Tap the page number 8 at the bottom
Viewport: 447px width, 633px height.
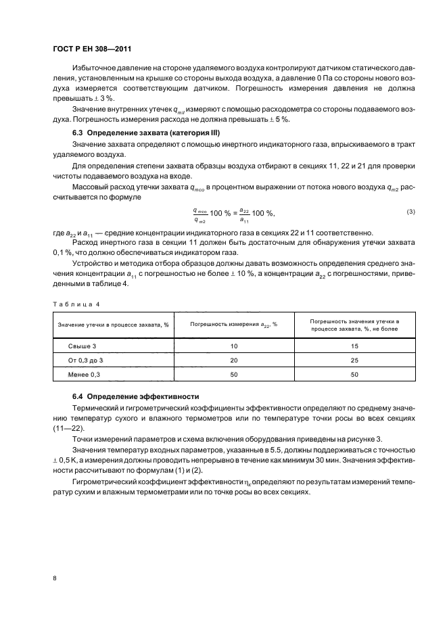pos(55,578)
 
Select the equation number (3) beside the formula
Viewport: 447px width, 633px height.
pos(410,212)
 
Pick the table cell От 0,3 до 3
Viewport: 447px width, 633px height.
pos(89,360)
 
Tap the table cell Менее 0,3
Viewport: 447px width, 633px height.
pos(85,373)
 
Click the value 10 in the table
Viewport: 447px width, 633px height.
pos(234,346)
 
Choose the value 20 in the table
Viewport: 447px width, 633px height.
pos(234,360)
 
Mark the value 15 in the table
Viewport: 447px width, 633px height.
pos(354,346)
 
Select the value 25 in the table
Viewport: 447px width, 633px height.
pos(354,360)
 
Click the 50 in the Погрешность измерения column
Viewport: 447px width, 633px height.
pos(234,373)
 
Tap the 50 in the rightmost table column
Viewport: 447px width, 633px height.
pos(354,373)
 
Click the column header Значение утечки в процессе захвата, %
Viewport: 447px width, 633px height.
pos(113,325)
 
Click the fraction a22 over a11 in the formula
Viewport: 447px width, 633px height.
pos(244,216)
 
